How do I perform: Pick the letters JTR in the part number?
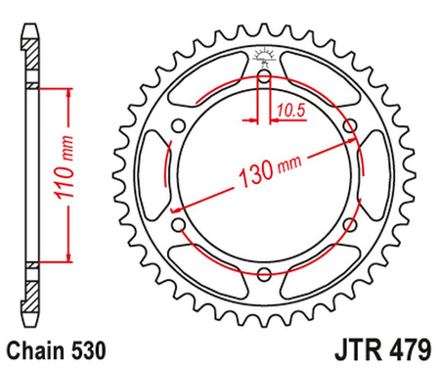click(341, 347)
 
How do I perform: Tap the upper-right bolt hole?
click(350, 125)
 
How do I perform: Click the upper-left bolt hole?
click(178, 125)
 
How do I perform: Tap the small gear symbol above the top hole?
click(264, 56)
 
